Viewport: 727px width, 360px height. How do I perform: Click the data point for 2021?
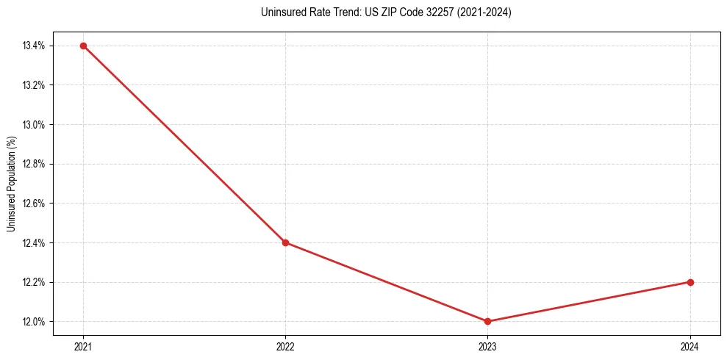point(83,46)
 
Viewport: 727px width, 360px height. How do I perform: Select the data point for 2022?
point(285,242)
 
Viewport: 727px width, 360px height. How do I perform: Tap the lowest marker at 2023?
point(488,321)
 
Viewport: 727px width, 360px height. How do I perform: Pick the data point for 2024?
point(690,282)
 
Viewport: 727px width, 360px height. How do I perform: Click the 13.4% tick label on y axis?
point(34,46)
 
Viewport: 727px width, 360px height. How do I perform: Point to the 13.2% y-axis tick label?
point(34,85)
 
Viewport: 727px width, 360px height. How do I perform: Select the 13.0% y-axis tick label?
point(34,124)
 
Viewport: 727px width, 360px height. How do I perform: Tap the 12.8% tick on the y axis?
point(34,164)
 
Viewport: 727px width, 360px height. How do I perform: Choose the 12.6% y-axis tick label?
point(34,204)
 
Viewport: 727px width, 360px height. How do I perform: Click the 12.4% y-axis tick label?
point(34,242)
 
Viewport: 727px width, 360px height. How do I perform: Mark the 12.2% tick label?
point(34,282)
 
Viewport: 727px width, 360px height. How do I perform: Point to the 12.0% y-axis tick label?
point(34,322)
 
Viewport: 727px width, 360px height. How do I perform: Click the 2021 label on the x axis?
point(83,345)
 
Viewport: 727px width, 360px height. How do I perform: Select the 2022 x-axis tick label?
point(285,345)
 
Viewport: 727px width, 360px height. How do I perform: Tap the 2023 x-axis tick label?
point(488,345)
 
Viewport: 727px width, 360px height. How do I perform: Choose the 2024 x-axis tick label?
point(690,345)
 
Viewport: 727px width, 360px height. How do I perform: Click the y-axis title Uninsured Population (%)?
point(11,184)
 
